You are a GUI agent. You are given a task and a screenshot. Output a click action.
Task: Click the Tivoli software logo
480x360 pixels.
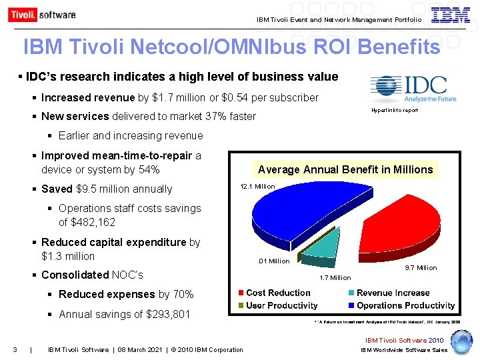42,15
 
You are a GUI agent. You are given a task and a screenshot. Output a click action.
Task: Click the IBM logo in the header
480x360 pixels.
450,15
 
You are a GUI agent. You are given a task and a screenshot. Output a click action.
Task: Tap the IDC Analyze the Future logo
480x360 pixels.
413,89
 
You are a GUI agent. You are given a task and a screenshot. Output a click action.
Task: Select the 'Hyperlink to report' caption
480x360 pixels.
395,110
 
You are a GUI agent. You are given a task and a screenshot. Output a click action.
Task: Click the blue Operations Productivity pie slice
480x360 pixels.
300,213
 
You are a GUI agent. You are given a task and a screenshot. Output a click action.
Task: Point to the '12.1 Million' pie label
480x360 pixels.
257,187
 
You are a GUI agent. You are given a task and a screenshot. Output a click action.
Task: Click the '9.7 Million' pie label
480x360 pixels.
421,267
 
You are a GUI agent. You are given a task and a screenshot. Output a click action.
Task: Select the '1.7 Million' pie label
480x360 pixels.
335,277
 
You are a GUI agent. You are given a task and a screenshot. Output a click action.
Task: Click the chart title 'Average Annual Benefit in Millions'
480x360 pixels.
345,169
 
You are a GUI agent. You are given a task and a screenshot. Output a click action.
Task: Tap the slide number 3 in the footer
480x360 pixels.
15,349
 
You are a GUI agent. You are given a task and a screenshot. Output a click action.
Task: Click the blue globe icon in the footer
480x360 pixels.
460,341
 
